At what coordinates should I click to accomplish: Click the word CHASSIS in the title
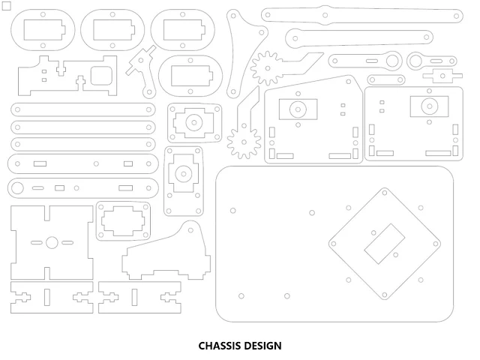tap(222, 346)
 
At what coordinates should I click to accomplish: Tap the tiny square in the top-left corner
tap(7, 7)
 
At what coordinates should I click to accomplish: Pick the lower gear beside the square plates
tap(243, 142)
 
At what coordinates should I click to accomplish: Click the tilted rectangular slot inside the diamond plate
tap(384, 243)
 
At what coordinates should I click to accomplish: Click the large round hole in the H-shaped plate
tap(52, 242)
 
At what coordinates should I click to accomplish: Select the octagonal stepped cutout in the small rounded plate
tap(122, 220)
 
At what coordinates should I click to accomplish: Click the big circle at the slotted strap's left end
tap(18, 187)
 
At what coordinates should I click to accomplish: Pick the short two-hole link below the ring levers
tap(385, 79)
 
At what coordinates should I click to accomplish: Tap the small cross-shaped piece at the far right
tap(442, 74)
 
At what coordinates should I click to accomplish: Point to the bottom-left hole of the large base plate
tap(241, 295)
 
